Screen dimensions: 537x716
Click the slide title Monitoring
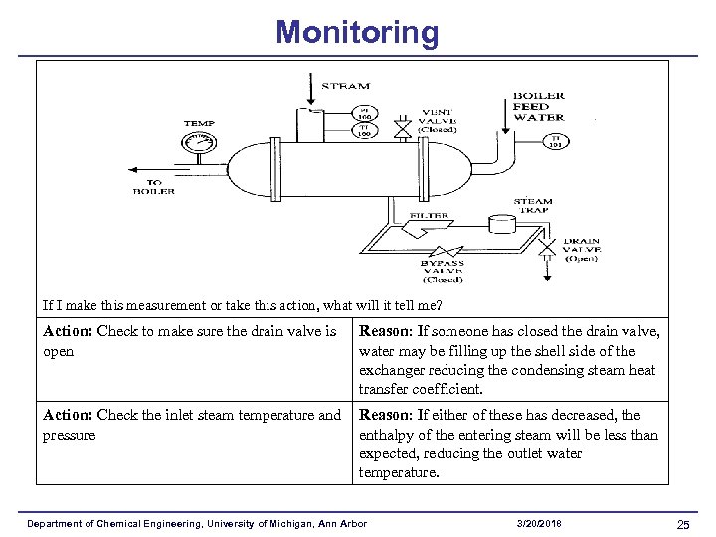(x=357, y=32)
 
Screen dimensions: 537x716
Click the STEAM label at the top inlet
(x=345, y=87)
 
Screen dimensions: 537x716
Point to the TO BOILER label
(x=154, y=187)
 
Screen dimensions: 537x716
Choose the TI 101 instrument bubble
(x=557, y=141)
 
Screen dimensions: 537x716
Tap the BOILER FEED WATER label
(x=538, y=106)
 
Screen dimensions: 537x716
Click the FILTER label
(x=429, y=215)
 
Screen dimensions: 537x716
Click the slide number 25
(x=683, y=524)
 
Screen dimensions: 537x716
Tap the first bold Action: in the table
(x=69, y=331)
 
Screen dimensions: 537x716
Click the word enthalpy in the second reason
(x=389, y=434)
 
